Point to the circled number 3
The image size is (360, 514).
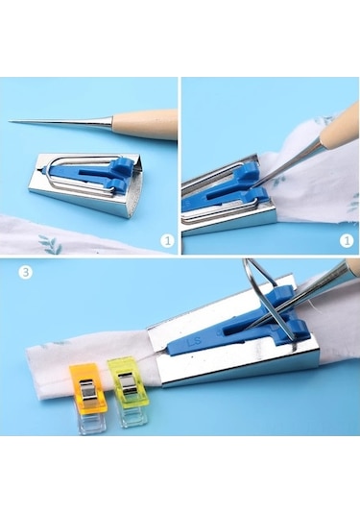click(x=26, y=272)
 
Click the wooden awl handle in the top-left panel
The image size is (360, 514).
click(x=145, y=125)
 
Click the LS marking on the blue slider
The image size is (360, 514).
click(x=193, y=341)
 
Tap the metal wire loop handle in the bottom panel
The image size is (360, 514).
click(x=261, y=288)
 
